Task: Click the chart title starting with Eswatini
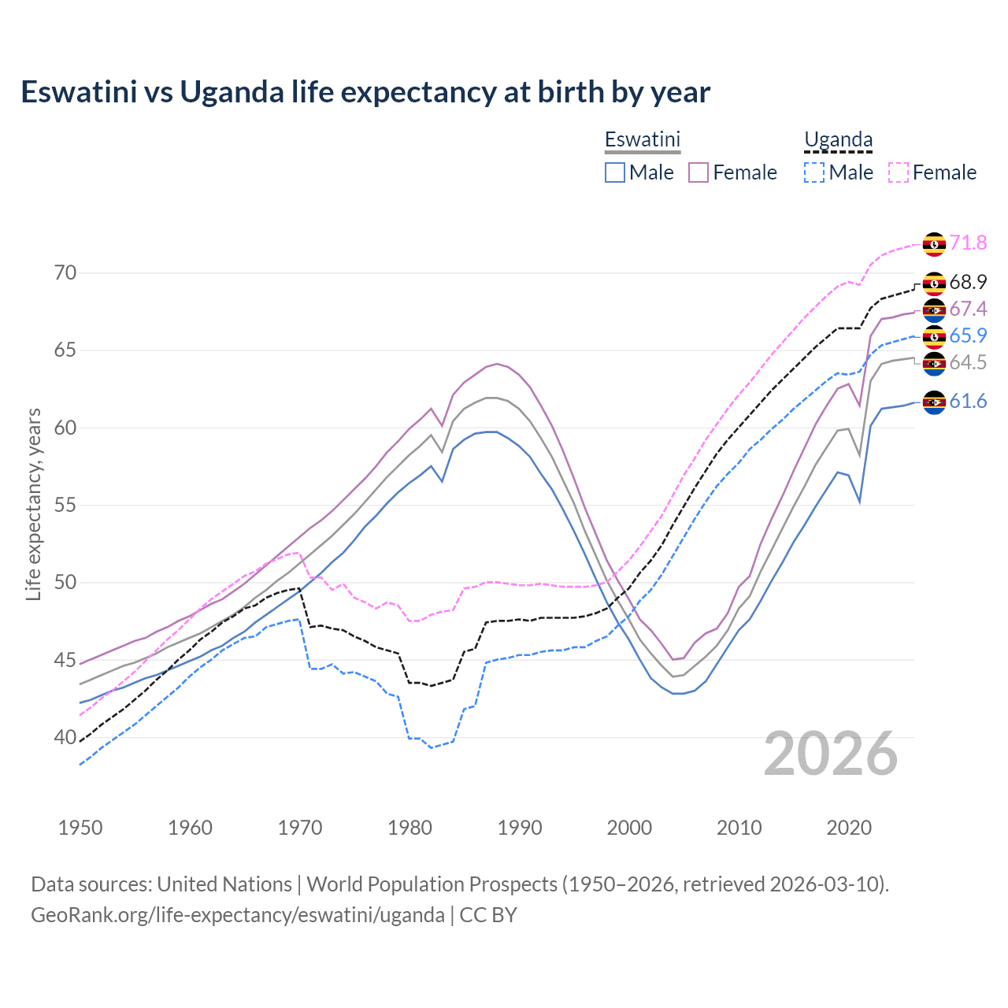point(365,92)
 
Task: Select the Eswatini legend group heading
point(642,139)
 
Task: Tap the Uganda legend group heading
point(838,139)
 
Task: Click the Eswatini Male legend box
point(615,172)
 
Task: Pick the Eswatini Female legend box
point(699,172)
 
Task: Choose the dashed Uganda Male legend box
point(814,172)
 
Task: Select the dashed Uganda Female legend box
point(899,172)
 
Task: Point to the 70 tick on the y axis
point(65,273)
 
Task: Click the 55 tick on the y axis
point(65,505)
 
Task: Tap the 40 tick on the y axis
point(65,738)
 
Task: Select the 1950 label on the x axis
point(80,828)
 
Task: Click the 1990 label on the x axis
point(520,828)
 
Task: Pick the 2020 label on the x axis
point(849,828)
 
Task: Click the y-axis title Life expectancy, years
point(34,504)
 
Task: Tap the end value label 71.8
point(968,243)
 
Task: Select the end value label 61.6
point(968,402)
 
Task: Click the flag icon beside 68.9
point(934,283)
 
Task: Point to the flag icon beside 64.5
point(934,363)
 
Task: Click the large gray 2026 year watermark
point(831,754)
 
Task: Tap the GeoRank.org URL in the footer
point(238,915)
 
